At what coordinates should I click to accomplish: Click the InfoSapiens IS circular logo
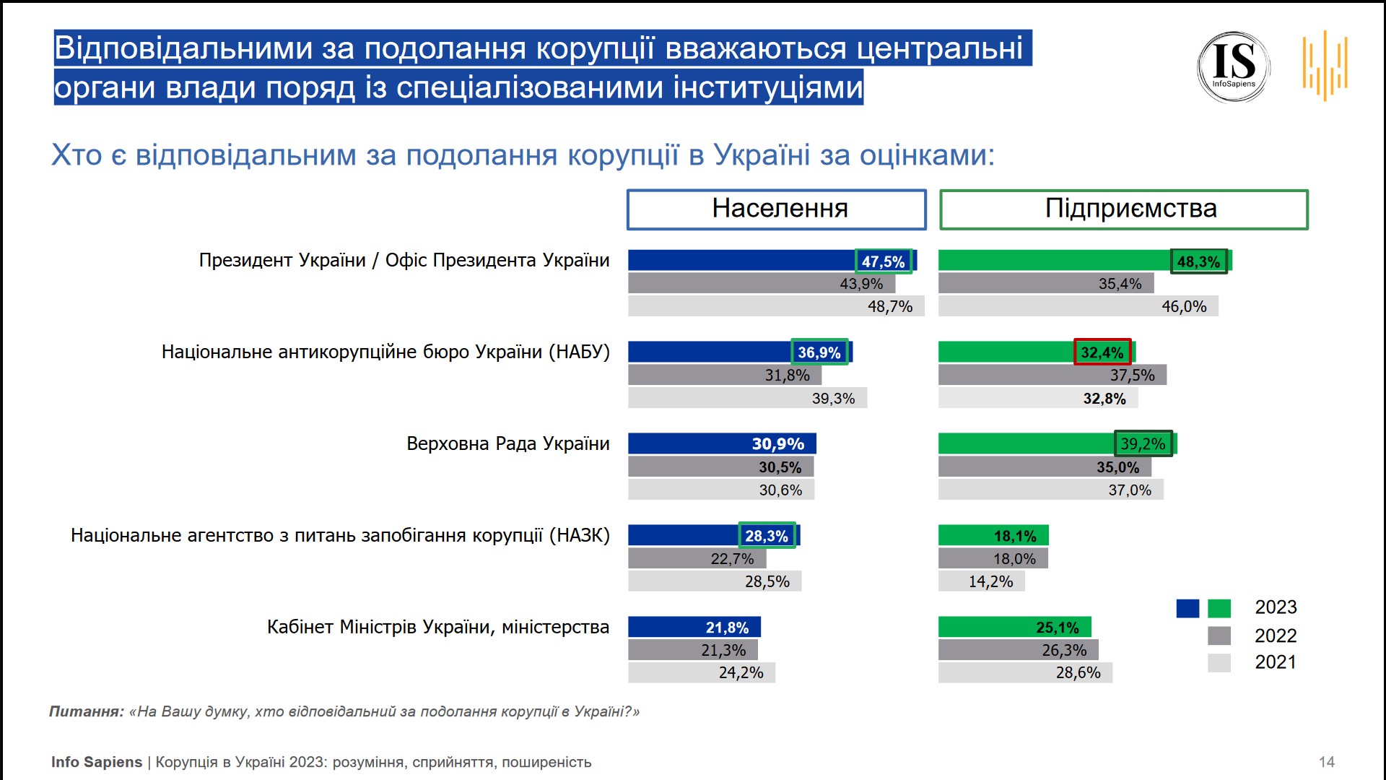pyautogui.click(x=1234, y=66)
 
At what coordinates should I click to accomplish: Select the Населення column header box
pyautogui.click(x=776, y=209)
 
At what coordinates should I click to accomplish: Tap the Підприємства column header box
pyautogui.click(x=1123, y=209)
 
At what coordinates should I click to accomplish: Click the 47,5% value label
pyautogui.click(x=884, y=261)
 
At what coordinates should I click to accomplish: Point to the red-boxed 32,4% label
pyautogui.click(x=1102, y=352)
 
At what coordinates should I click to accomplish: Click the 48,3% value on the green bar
pyautogui.click(x=1198, y=261)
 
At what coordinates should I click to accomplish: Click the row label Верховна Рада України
pyautogui.click(x=507, y=443)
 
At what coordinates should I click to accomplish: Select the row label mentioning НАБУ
pyautogui.click(x=385, y=352)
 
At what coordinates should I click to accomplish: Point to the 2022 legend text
pyautogui.click(x=1276, y=636)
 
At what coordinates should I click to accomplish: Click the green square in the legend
pyautogui.click(x=1219, y=608)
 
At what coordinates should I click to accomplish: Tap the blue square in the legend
pyautogui.click(x=1187, y=608)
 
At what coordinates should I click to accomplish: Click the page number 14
pyautogui.click(x=1327, y=762)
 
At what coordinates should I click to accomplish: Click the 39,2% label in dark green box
pyautogui.click(x=1143, y=443)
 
